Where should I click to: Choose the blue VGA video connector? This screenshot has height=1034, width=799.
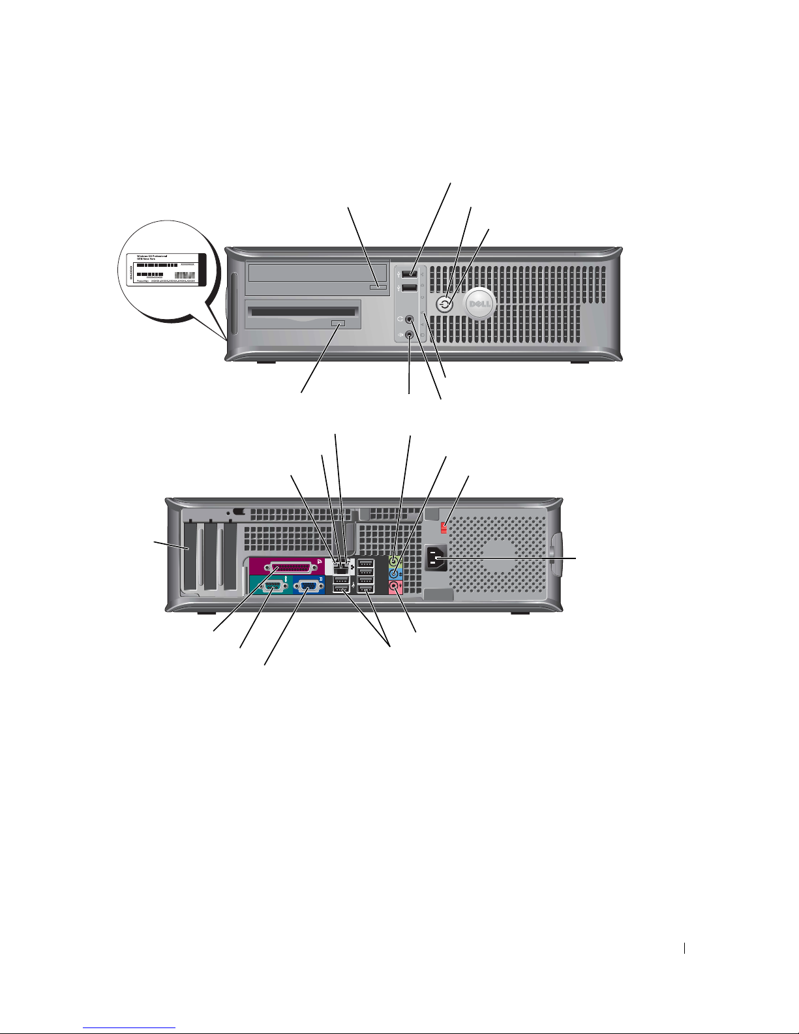coord(306,588)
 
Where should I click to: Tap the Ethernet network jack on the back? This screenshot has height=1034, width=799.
coord(340,570)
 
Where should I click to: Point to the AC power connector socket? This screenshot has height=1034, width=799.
coord(436,559)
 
